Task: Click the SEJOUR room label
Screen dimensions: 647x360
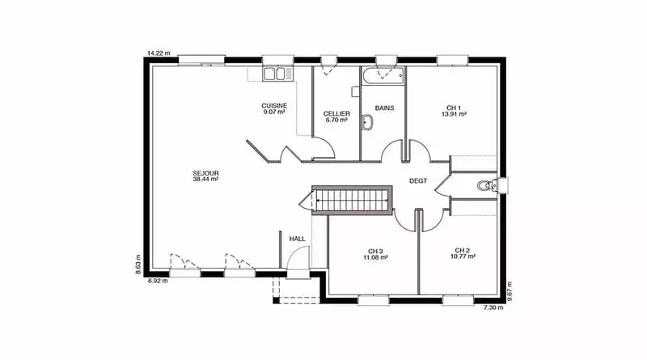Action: (205, 173)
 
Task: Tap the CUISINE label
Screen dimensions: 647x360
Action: (274, 106)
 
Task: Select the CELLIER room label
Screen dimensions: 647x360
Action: (336, 113)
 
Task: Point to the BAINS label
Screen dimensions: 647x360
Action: (385, 108)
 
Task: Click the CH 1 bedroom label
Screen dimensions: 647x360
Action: (454, 108)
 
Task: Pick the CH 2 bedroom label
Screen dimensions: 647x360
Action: (462, 250)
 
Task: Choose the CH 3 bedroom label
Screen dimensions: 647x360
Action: (375, 251)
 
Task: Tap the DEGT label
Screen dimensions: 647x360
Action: (418, 181)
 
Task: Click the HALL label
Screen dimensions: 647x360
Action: (297, 239)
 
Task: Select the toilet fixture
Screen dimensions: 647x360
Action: (488, 185)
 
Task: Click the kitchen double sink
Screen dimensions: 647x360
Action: (274, 74)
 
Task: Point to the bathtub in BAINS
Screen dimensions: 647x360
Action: (383, 76)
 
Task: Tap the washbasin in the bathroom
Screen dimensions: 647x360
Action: (367, 122)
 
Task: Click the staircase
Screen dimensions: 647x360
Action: (352, 201)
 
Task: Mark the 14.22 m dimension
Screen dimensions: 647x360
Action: (159, 53)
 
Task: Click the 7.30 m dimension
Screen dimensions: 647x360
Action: (493, 307)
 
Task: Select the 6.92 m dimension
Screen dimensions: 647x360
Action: (158, 281)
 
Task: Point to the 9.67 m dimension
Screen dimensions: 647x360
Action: (510, 291)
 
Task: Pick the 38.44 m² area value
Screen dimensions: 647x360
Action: (205, 180)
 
